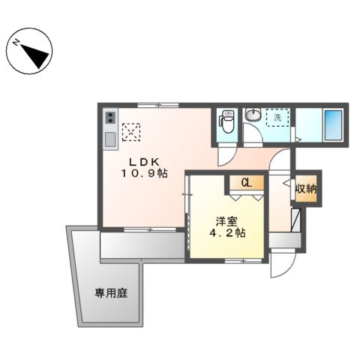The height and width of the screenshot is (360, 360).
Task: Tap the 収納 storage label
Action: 304,188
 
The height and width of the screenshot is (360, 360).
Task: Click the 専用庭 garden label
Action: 110,293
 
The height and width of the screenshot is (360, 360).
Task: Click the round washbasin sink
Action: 254,115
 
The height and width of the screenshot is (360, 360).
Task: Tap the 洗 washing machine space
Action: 277,118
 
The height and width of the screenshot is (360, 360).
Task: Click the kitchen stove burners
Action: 110,118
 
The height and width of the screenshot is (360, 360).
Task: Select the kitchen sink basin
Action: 110,139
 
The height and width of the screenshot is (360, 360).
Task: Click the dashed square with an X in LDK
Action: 131,131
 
